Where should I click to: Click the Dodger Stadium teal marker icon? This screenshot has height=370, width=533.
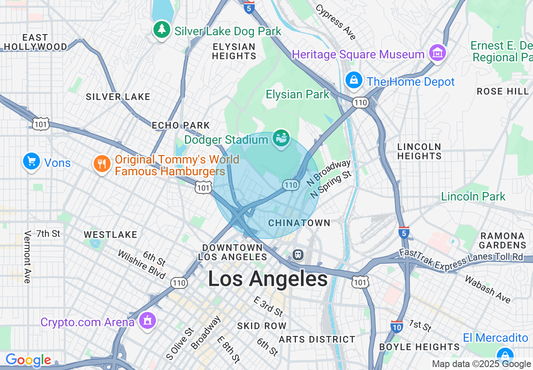click(281, 138)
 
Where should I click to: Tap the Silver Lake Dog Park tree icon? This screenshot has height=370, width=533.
click(161, 30)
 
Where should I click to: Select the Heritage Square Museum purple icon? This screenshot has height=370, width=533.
click(438, 53)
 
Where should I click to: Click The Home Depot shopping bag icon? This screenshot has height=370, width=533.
click(354, 80)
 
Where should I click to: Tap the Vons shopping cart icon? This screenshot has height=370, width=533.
click(31, 161)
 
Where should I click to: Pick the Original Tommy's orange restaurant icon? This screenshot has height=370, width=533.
click(102, 164)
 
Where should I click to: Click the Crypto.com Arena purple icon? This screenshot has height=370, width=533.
click(147, 321)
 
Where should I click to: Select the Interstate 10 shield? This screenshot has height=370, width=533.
click(396, 326)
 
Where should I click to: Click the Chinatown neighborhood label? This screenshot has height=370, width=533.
click(299, 223)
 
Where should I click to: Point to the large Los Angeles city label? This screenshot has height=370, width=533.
click(268, 279)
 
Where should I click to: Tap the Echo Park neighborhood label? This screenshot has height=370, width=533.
click(181, 125)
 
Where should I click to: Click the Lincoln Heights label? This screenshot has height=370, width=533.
click(419, 151)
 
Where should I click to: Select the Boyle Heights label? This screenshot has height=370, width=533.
click(419, 347)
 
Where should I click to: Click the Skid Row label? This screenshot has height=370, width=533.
click(261, 326)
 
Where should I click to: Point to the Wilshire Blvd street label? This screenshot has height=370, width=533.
click(142, 264)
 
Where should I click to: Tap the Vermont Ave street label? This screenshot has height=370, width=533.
click(28, 257)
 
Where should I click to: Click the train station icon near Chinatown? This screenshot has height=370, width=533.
click(298, 254)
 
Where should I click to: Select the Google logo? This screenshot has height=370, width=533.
click(28, 360)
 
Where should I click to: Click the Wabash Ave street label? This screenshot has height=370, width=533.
click(488, 289)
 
